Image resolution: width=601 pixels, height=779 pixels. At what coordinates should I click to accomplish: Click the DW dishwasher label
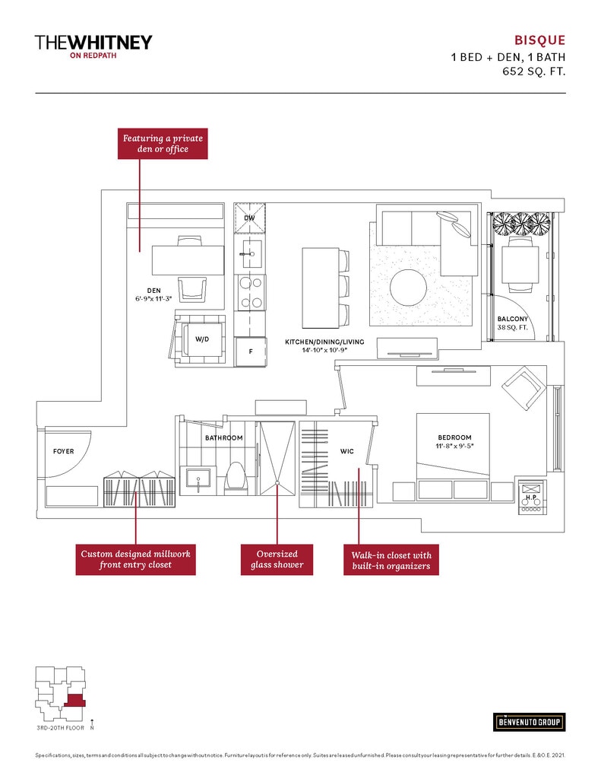(249, 218)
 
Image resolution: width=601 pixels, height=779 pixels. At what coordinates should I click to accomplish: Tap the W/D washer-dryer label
(201, 339)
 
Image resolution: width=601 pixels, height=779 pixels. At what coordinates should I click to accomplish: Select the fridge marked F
(250, 351)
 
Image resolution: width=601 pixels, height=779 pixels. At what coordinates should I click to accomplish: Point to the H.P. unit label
(530, 498)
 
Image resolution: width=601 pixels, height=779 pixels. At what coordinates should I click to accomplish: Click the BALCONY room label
(513, 319)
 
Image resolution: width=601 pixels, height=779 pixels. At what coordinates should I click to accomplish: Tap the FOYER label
(64, 451)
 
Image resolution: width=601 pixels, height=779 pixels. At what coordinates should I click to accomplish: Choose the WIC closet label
(347, 451)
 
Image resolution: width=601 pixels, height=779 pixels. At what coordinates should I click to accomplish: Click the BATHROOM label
(223, 438)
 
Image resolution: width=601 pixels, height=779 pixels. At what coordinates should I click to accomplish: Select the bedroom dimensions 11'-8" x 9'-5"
(455, 447)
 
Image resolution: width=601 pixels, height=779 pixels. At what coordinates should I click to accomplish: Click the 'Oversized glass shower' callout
(277, 559)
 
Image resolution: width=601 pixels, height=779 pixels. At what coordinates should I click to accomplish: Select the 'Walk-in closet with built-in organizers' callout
(391, 561)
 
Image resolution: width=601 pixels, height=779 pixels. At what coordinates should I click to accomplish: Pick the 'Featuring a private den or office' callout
(163, 144)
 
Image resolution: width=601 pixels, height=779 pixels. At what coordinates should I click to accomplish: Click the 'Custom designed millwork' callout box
(135, 559)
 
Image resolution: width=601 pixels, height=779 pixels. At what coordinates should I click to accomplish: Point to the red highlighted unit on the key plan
(74, 701)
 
